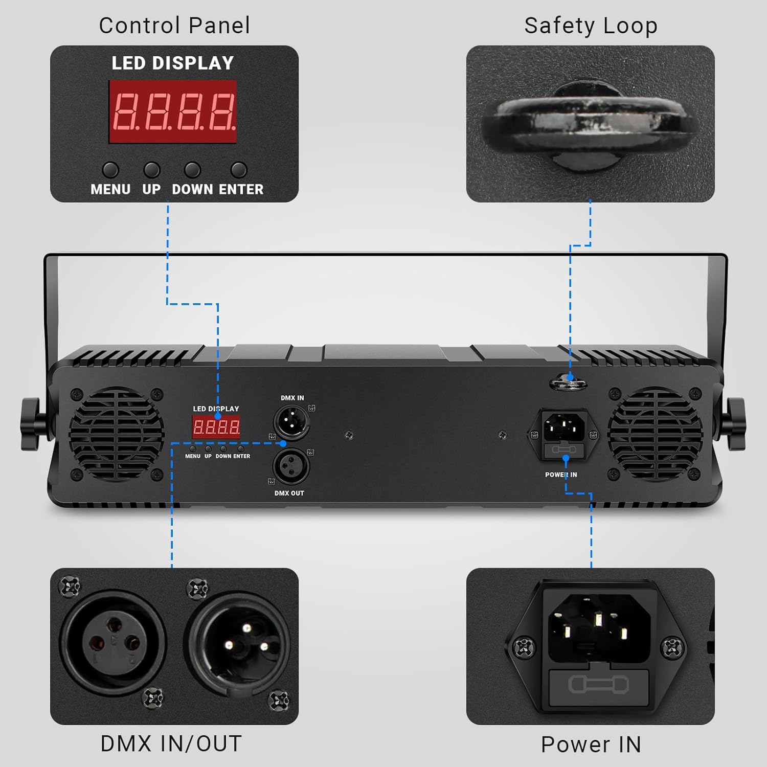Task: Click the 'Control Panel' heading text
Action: click(174, 26)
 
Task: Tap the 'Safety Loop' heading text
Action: click(591, 26)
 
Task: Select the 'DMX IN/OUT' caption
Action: click(171, 744)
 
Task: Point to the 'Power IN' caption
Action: click(591, 745)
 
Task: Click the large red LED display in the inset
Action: click(173, 111)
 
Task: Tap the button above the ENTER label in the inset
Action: click(239, 169)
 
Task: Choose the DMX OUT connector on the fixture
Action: click(291, 466)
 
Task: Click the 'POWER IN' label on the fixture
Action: click(561, 475)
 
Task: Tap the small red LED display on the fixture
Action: click(216, 427)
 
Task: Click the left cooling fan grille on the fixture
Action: click(117, 434)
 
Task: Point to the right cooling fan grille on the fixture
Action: click(655, 434)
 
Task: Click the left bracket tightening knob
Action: click(31, 424)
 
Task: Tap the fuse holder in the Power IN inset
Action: click(598, 685)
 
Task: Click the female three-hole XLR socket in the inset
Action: click(112, 643)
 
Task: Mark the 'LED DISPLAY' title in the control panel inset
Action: click(173, 63)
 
